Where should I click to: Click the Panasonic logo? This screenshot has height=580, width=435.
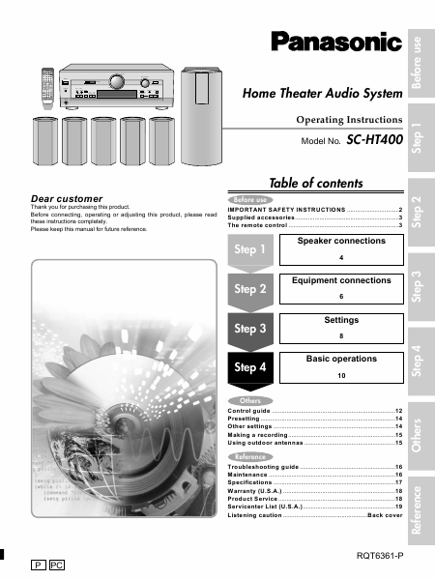[335, 42]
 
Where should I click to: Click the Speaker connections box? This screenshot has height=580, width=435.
[340, 248]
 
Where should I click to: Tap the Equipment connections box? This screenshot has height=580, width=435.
[340, 287]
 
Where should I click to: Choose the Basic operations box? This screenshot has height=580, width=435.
[340, 365]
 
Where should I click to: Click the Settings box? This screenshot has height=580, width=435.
[340, 326]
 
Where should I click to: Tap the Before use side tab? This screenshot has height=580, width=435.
[417, 62]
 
